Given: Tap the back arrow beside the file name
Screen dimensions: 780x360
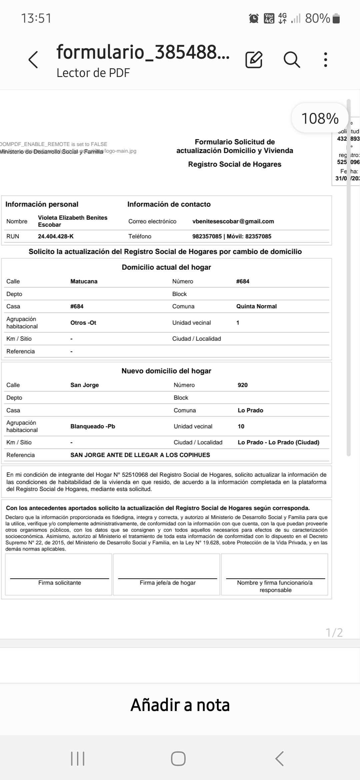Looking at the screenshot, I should tap(33, 60).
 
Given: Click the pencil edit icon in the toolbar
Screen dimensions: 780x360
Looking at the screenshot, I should tap(254, 60).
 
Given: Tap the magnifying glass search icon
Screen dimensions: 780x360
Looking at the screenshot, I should tap(292, 60).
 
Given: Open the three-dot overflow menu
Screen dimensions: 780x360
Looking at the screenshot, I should tap(326, 60).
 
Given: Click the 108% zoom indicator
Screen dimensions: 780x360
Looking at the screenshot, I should tap(320, 118).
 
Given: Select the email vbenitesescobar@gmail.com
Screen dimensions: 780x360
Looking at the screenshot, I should tap(233, 221).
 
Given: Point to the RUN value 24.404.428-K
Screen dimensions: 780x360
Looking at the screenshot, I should tap(56, 236).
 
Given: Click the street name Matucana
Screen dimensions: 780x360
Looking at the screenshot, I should tap(84, 281).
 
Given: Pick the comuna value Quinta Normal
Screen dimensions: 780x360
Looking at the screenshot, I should tap(256, 306).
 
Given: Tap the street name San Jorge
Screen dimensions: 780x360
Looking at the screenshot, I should tap(84, 385).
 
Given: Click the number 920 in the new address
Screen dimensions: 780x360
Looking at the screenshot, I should tap(242, 385).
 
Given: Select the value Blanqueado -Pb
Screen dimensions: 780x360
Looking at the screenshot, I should tap(93, 426).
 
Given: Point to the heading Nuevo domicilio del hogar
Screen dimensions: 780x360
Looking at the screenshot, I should tap(166, 371).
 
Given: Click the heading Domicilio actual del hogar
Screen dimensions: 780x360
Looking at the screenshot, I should tap(166, 267).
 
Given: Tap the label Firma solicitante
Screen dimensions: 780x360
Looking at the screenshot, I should tap(59, 583).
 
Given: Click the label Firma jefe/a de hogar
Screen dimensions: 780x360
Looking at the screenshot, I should tap(167, 583).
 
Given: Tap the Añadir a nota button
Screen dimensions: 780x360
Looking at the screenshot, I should tap(180, 705).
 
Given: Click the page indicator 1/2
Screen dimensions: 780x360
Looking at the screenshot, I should tap(334, 632).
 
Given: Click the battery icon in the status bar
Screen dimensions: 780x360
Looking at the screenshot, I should tap(336, 19).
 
